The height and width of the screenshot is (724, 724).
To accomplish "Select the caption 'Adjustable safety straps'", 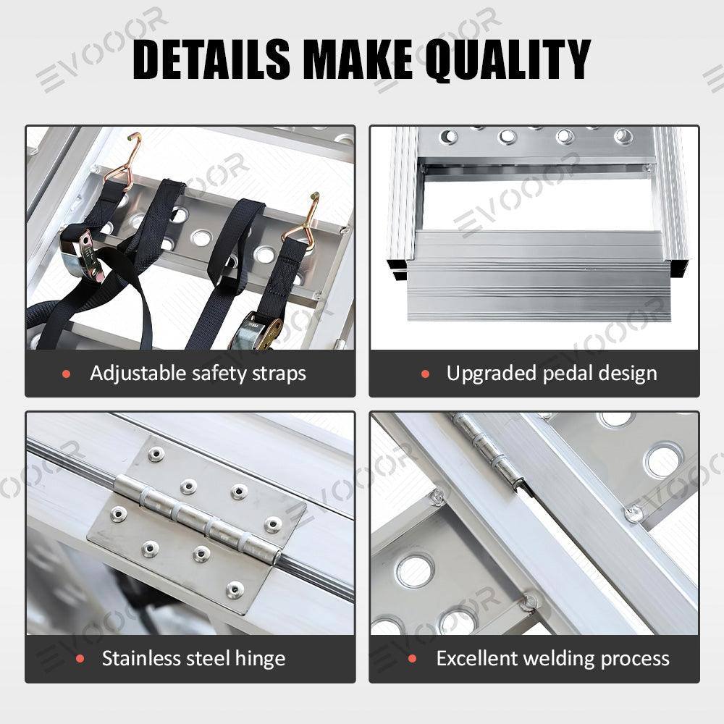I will [198, 374].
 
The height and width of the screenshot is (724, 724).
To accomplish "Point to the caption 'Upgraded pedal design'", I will [552, 374].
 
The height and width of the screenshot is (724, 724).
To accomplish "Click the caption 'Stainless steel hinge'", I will [193, 659].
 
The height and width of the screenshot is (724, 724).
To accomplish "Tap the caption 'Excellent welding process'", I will [552, 659].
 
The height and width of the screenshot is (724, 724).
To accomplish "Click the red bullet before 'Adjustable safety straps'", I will [67, 374].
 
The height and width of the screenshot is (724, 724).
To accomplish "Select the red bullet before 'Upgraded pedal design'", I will [425, 374].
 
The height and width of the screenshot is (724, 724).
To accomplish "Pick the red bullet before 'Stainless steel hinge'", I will [80, 660].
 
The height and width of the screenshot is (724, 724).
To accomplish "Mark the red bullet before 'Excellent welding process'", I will [413, 660].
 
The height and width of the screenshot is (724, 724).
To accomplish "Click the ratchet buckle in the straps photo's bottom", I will [257, 332].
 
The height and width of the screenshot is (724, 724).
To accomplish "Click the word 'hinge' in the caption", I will [260, 659].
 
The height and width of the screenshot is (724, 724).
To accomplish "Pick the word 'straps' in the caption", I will [279, 374].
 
